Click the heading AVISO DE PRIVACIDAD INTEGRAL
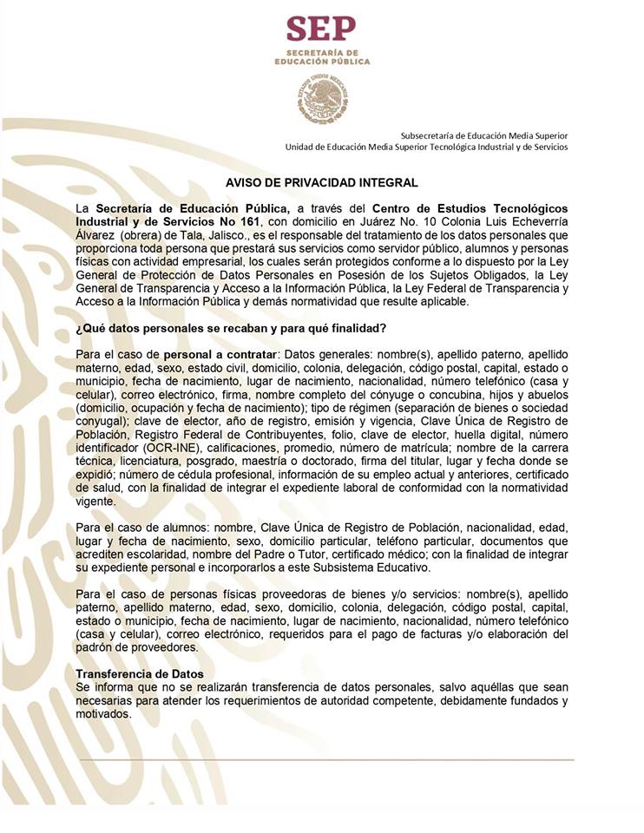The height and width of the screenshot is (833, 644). pyautogui.click(x=322, y=183)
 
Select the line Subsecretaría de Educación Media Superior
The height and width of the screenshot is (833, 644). pyautogui.click(x=483, y=135)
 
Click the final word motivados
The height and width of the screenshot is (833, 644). pyautogui.click(x=103, y=715)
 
